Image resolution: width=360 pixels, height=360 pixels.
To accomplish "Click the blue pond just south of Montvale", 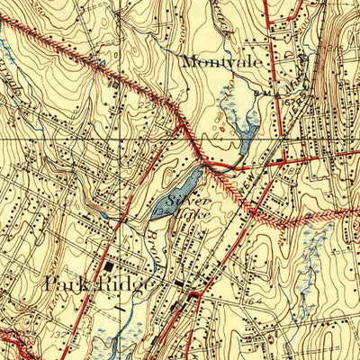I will [246, 131].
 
